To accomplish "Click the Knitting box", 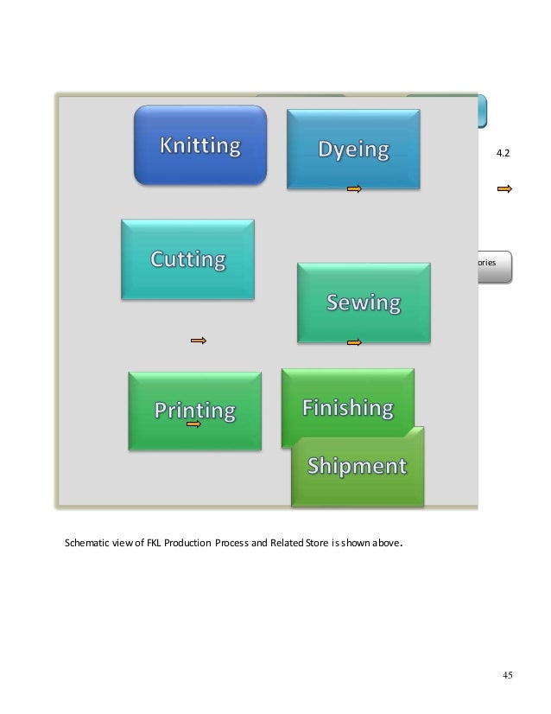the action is point(199,144).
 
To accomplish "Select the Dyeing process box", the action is point(352,149).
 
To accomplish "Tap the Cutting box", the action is point(188,258).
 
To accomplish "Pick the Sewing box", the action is point(363,302).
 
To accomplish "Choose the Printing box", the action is point(194,410).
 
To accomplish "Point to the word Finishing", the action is point(347,406).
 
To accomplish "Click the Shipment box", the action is point(358,466).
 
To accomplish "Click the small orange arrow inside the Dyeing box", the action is point(353,188).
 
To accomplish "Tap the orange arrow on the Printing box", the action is point(193,425).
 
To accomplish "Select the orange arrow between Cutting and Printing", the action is point(199,341).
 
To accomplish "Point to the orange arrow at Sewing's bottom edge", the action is point(353,343).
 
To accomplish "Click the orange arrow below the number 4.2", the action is point(504,188).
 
